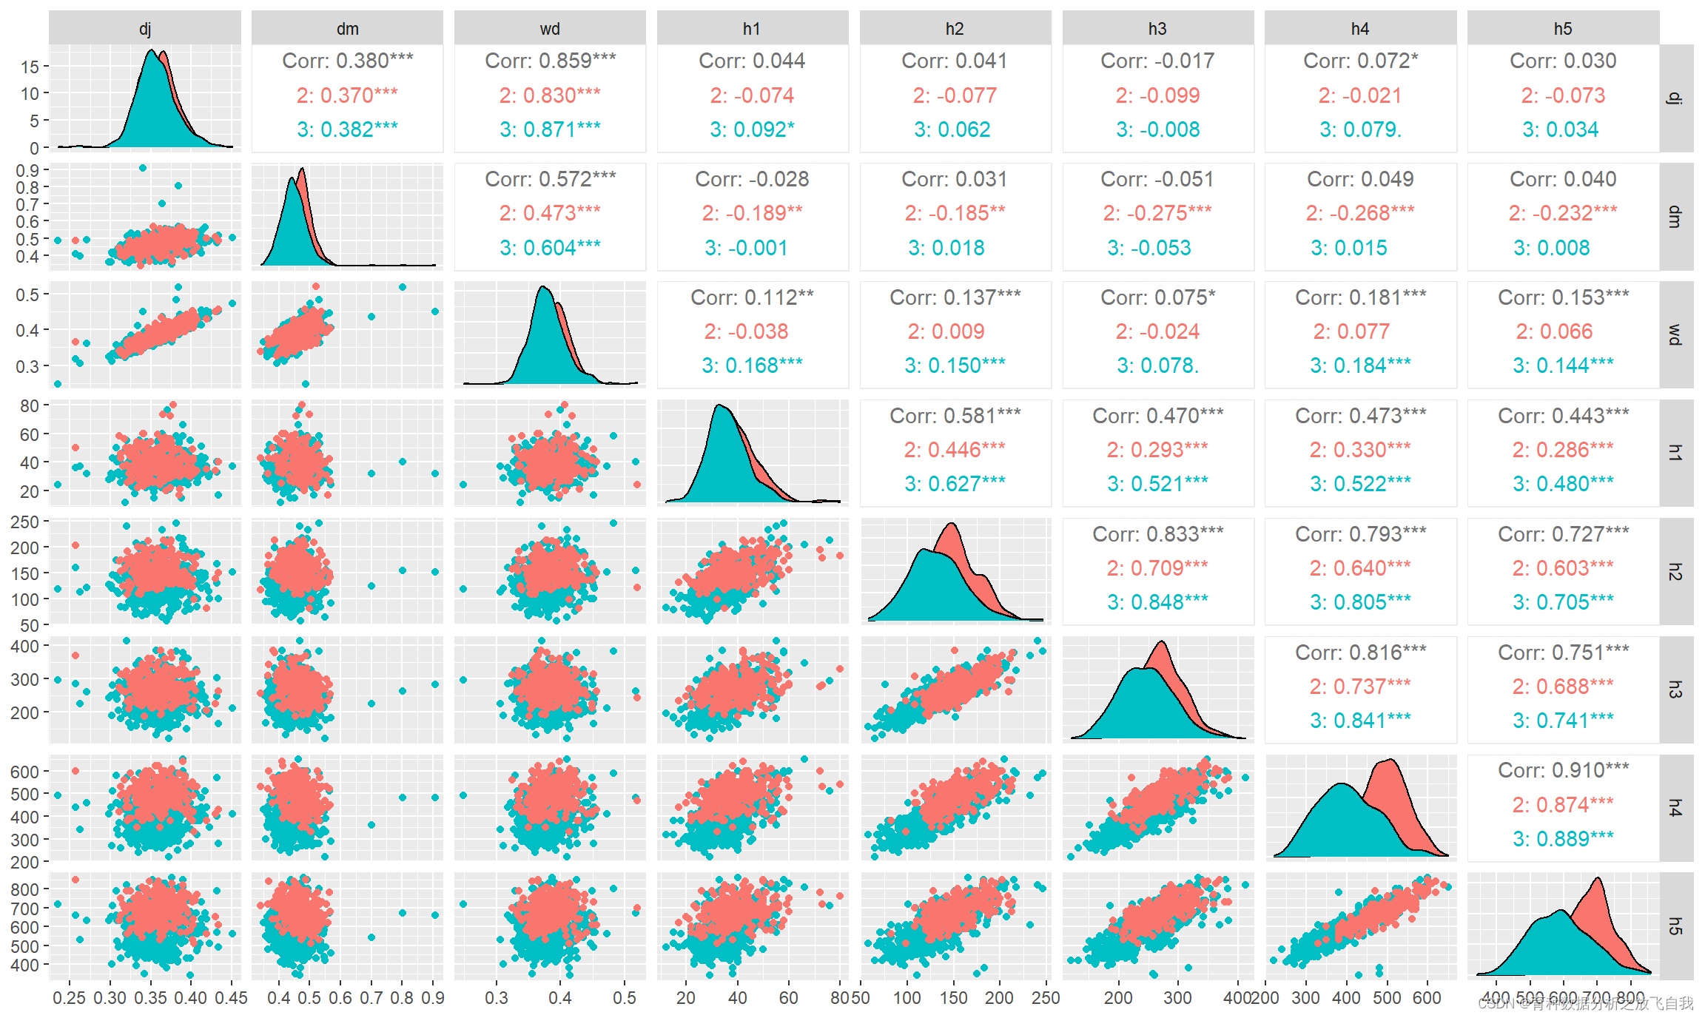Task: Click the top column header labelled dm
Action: [x=347, y=29]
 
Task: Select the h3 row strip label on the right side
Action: [x=1675, y=690]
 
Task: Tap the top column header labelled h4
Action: [x=1360, y=29]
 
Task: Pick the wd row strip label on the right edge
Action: [x=1675, y=334]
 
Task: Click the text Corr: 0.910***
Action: [x=1563, y=770]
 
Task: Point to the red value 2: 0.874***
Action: [x=1563, y=804]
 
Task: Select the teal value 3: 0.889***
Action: [x=1563, y=838]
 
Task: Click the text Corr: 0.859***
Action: [x=550, y=61]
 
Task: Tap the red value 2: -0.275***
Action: [x=1157, y=213]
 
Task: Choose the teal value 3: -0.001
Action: [x=746, y=248]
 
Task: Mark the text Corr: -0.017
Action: [x=1157, y=61]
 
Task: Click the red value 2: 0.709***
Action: [x=1157, y=568]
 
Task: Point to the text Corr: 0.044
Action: [x=752, y=61]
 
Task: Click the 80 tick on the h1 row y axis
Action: [x=30, y=405]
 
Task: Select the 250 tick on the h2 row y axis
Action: [x=24, y=522]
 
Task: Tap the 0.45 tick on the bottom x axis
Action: [x=231, y=998]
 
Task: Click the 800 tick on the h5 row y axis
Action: [x=24, y=889]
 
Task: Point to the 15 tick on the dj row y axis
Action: [x=30, y=67]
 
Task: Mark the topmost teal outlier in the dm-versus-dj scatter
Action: [x=143, y=168]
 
